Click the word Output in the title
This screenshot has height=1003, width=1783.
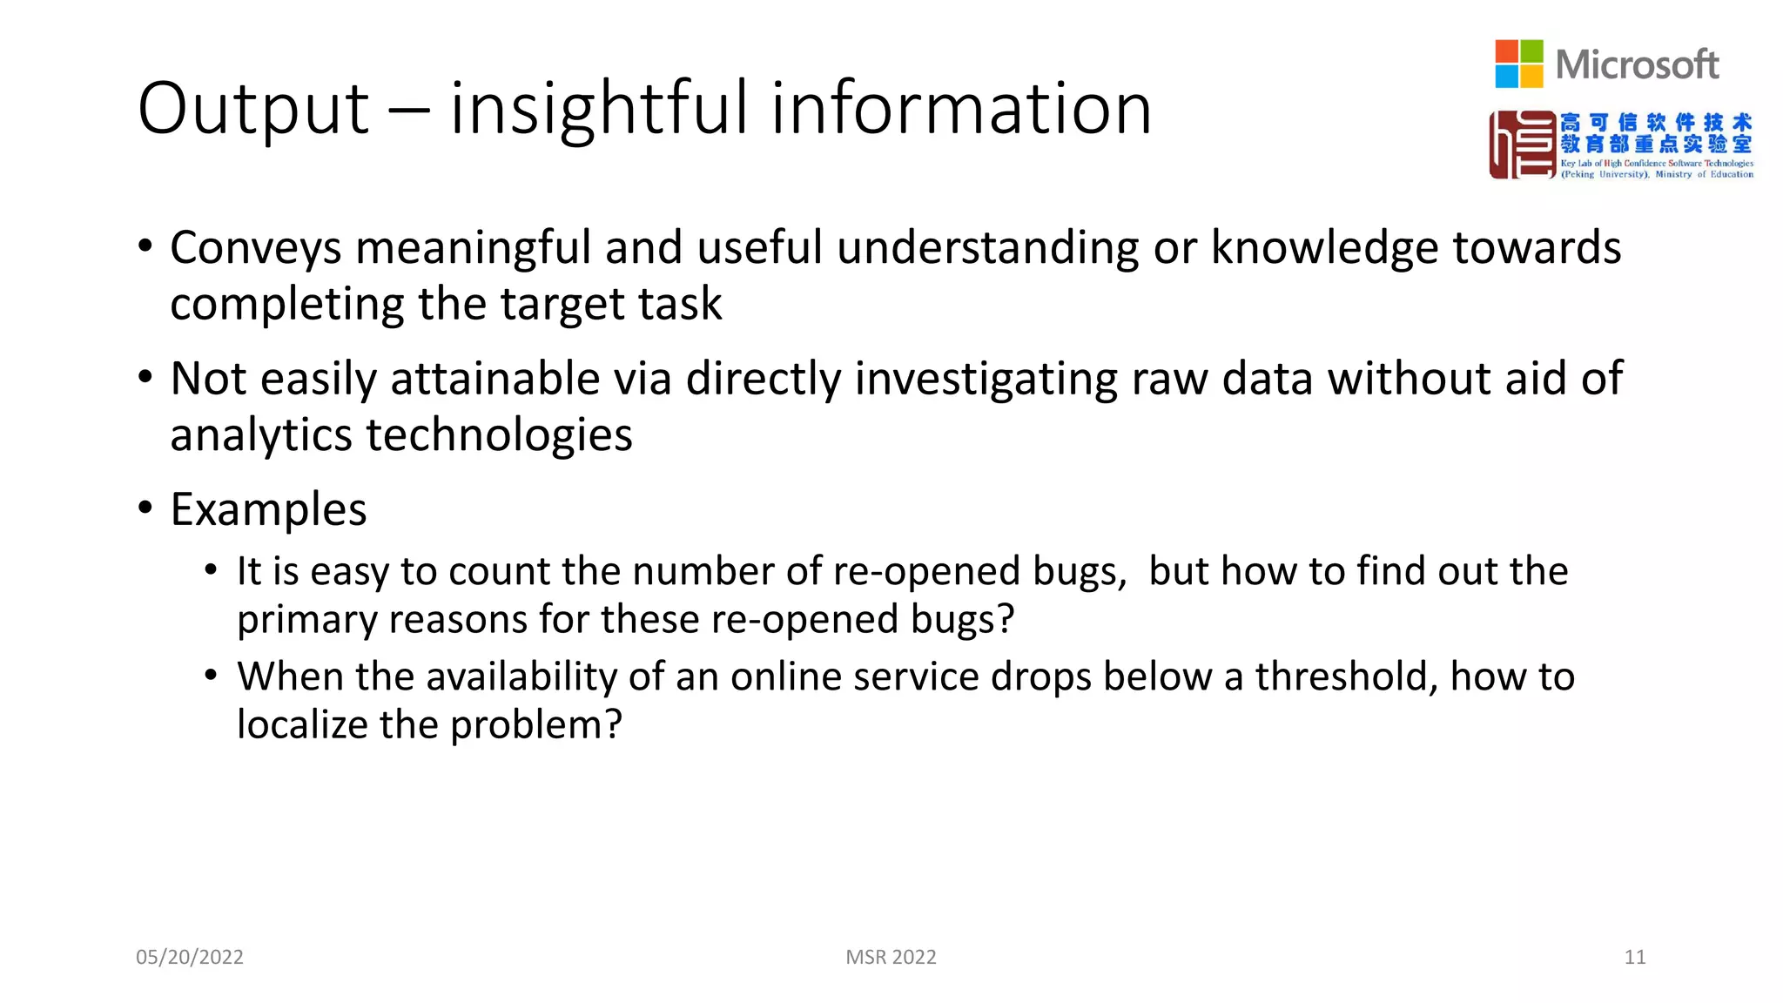253,109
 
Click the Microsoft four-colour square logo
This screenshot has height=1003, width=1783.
1518,64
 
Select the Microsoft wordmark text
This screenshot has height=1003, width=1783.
1637,64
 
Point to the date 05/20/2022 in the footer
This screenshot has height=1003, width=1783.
190,957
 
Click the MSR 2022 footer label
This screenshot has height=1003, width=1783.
891,957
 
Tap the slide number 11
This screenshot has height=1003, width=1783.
1634,957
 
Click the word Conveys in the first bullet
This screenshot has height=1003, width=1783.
256,248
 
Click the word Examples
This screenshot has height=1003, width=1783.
268,509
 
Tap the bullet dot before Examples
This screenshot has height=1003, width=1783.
145,507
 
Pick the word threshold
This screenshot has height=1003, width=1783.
1346,677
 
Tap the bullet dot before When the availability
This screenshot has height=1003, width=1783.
211,675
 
